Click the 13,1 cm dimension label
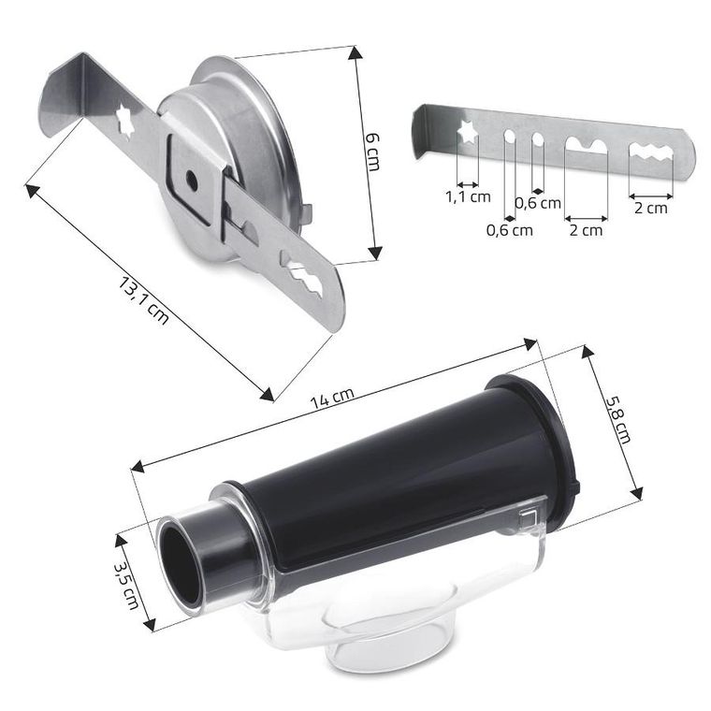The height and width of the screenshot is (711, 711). (144, 300)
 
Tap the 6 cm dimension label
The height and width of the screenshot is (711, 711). (372, 152)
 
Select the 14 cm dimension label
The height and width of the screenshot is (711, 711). (331, 398)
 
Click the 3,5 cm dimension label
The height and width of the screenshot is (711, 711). (125, 586)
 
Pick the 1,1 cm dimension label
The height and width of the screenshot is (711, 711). (468, 196)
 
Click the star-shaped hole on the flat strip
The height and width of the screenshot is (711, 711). (468, 132)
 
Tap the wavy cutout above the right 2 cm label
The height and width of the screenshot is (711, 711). (650, 152)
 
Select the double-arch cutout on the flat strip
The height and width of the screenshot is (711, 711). (586, 145)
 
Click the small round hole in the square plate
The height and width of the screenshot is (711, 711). (191, 180)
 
